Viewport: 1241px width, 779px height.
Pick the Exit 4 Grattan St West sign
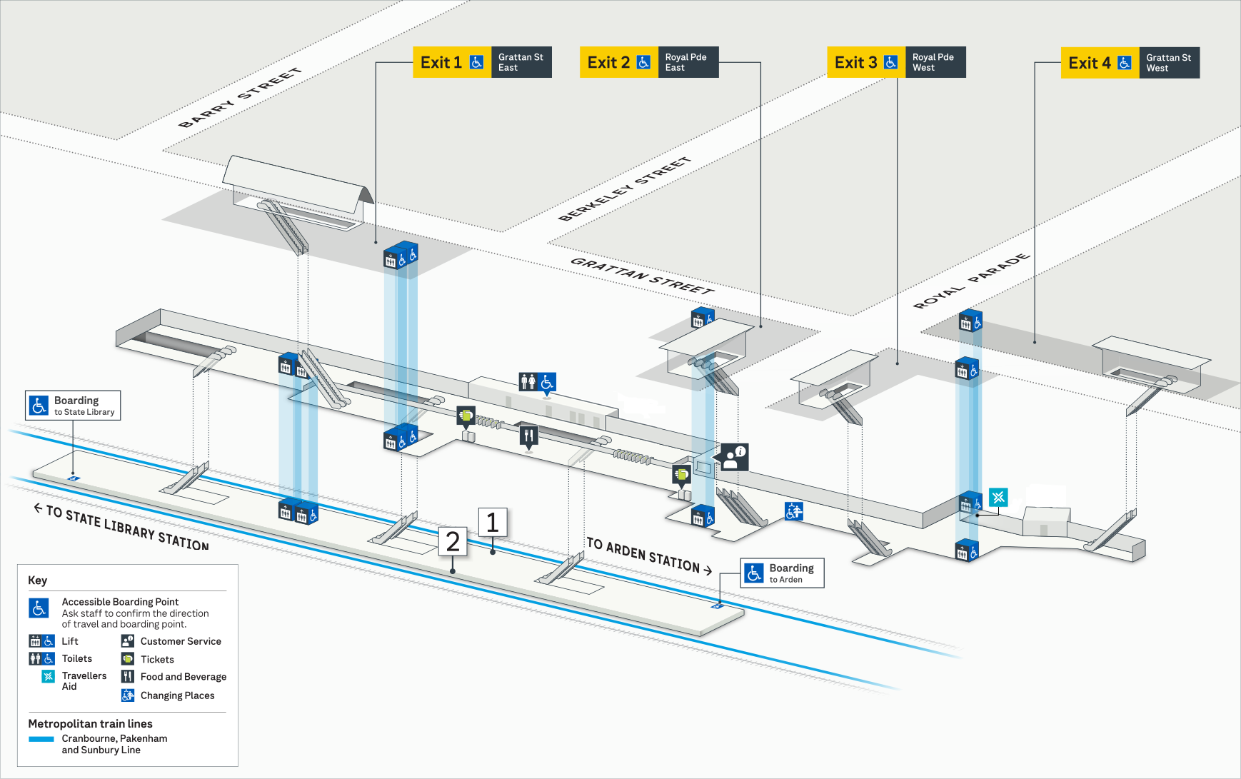(1130, 63)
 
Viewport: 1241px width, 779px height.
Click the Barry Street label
(240, 98)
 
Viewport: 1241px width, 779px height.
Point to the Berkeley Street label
(624, 189)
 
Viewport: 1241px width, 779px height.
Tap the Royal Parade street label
(972, 281)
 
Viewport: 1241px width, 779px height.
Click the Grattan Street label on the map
(642, 276)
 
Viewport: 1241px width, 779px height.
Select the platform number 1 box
(492, 523)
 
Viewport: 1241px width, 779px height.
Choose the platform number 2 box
(453, 542)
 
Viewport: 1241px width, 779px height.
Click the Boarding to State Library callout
(73, 406)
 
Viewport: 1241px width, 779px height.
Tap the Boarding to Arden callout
(782, 573)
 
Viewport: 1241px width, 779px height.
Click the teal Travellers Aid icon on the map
(998, 497)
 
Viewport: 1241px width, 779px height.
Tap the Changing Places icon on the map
(794, 511)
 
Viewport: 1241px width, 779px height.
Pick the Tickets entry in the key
(156, 659)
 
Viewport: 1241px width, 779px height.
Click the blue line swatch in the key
(41, 739)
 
